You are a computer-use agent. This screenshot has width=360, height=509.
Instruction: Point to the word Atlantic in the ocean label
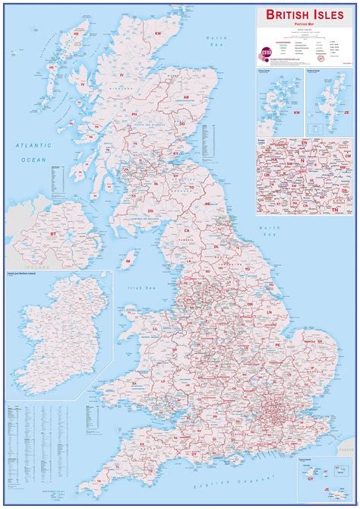coord(33,144)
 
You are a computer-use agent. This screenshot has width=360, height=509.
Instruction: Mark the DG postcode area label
coord(150,210)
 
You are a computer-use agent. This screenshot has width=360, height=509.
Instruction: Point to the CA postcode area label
coord(186,229)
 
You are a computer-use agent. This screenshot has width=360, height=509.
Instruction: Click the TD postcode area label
coord(192,187)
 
